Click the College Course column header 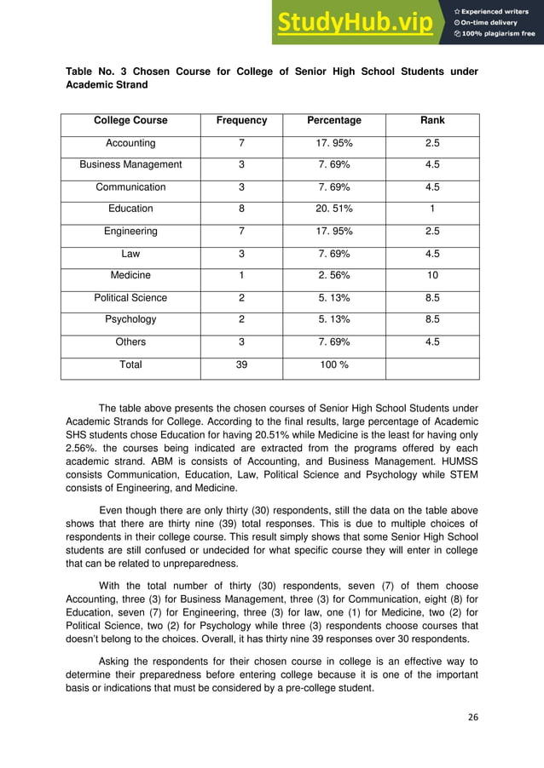(x=130, y=121)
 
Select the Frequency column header (x=241, y=121)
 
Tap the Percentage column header (x=333, y=121)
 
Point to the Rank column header (x=432, y=121)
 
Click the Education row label (x=130, y=209)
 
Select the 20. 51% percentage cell (x=333, y=209)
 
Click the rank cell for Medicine (x=432, y=276)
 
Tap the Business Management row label (x=130, y=164)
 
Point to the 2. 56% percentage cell (x=333, y=276)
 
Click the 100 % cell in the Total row (x=333, y=364)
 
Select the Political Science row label (x=130, y=298)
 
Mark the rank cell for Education (x=432, y=209)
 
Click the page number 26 (x=472, y=717)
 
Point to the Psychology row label (x=130, y=320)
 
